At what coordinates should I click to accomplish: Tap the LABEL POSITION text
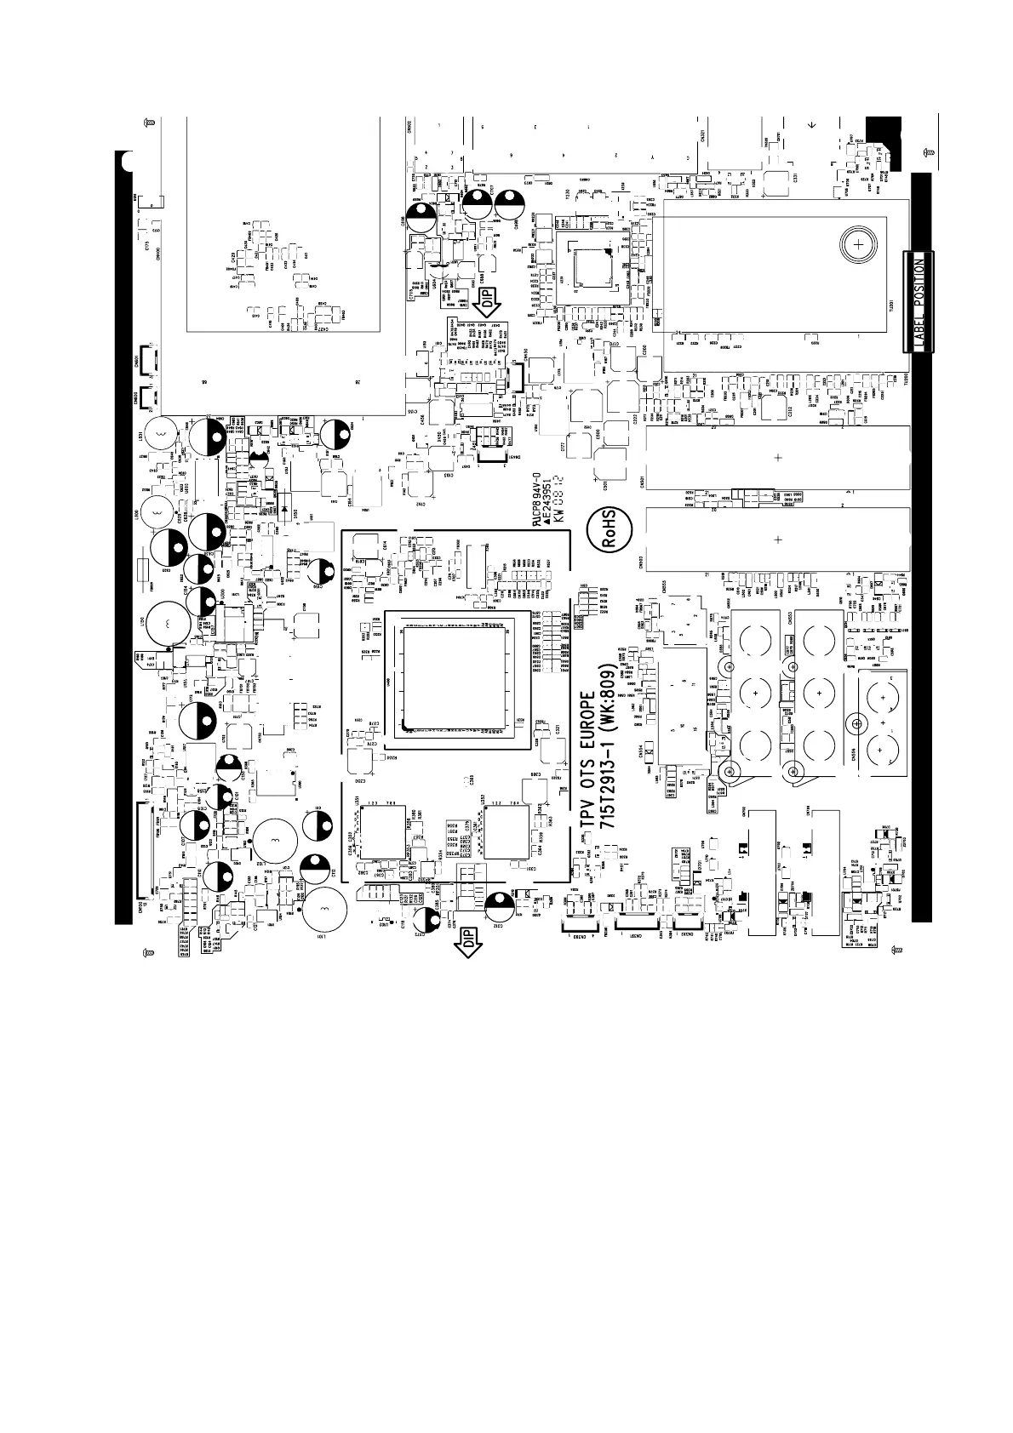point(918,301)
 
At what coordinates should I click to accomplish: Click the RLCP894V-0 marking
point(537,503)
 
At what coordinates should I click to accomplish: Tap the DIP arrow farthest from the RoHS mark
point(466,942)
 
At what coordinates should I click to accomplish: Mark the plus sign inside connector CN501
point(777,458)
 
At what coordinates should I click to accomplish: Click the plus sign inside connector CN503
point(777,539)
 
